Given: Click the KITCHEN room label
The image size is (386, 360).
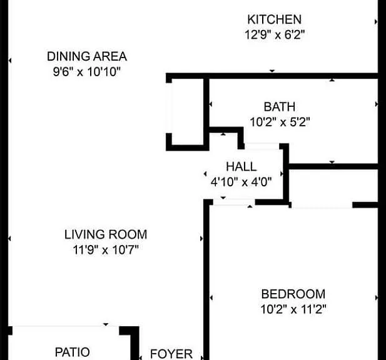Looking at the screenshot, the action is (274, 19).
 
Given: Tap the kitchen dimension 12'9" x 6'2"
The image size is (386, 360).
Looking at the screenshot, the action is (275, 34).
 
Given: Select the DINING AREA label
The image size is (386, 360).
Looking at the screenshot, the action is (87, 56).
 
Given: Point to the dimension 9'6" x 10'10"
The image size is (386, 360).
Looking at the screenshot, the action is (87, 72).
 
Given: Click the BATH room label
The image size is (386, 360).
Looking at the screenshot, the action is (280, 107).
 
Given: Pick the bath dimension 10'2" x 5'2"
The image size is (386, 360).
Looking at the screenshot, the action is (280, 122).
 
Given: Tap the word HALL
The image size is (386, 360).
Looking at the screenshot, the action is (241, 167).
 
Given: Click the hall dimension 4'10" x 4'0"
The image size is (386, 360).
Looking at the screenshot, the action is (241, 182).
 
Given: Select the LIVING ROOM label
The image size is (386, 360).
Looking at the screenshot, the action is (106, 234).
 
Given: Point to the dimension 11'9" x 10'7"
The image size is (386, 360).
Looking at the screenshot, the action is (106, 250).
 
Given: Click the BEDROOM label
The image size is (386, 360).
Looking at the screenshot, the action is (293, 294).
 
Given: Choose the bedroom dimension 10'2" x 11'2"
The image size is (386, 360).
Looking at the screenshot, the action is (293, 309).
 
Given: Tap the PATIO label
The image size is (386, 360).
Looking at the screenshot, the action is (73, 352).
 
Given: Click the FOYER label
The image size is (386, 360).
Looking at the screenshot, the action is (171, 354).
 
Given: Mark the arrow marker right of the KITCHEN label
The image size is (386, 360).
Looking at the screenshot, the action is (376, 22).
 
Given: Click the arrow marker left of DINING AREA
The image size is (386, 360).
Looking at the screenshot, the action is (10, 60).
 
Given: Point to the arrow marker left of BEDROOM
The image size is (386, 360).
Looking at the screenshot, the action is (211, 297).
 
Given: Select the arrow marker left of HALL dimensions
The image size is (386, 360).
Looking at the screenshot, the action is (205, 174).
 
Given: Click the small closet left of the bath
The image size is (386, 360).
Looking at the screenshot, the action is (188, 112).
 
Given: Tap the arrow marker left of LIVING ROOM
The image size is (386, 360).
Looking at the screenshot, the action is (10, 239).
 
